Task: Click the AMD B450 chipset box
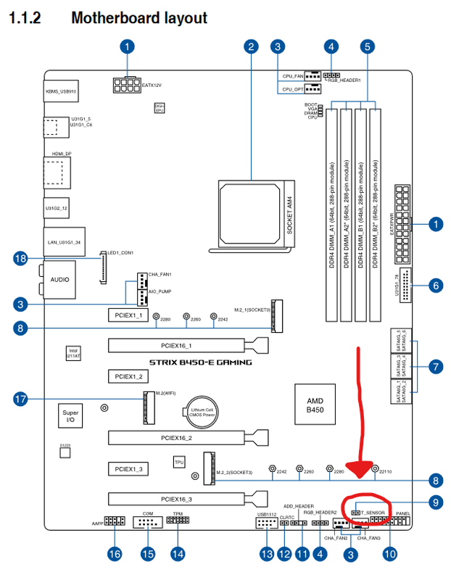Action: tap(315, 405)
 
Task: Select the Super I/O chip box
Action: tap(70, 415)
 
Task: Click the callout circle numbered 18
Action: tap(21, 258)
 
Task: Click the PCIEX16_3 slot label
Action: tap(176, 499)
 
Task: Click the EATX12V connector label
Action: tap(152, 86)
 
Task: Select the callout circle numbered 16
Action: tap(115, 554)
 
